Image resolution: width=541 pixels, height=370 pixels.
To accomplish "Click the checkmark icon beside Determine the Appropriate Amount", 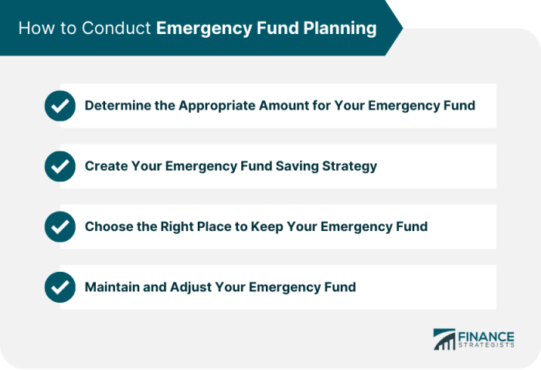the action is (x=60, y=106).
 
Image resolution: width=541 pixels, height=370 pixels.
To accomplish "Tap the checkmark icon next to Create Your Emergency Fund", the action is (x=60, y=166).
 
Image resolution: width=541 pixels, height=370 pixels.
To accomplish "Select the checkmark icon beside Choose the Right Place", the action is (x=60, y=226).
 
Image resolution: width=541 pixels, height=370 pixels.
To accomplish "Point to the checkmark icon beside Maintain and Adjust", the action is (x=60, y=287).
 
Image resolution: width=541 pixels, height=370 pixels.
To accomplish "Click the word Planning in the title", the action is (x=340, y=29).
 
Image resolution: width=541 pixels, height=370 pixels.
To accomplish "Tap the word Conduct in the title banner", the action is (x=116, y=28).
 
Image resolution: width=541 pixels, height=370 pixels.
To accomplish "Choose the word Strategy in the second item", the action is (x=349, y=167).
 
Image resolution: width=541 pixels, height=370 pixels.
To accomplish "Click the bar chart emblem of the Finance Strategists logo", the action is (x=444, y=339).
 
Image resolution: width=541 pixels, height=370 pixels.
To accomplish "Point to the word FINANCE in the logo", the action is (x=486, y=337).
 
